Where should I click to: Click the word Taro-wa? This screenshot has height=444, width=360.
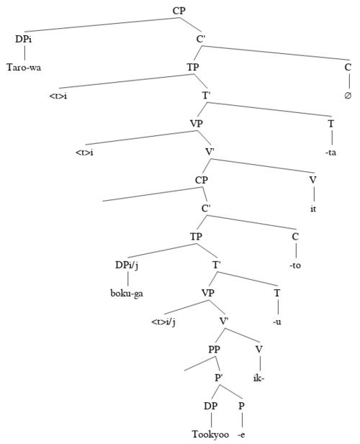tap(24, 68)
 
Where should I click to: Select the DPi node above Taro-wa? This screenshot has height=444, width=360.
tap(24, 39)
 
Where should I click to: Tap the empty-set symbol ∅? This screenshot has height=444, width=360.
tap(348, 96)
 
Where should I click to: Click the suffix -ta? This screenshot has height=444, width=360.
tap(330, 153)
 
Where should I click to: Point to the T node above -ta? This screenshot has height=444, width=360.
tap(330, 124)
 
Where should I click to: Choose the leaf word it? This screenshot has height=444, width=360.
tap(313, 209)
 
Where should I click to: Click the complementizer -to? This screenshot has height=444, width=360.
tap(295, 266)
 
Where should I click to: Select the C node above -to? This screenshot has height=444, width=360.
tap(295, 237)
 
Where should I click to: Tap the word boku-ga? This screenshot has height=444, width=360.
tap(127, 294)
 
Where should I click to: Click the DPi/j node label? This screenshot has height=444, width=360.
tap(127, 266)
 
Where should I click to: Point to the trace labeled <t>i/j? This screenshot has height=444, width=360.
tap(163, 322)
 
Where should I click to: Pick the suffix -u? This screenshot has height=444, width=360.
tap(276, 322)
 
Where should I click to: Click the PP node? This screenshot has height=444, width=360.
tap(214, 350)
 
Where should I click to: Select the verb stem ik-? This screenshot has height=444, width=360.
tap(259, 378)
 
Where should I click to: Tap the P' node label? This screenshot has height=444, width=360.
tap(218, 378)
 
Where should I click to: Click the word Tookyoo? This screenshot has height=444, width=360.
tap(210, 434)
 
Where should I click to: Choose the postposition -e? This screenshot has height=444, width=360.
tap(241, 435)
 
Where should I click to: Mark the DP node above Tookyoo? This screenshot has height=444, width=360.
tap(211, 406)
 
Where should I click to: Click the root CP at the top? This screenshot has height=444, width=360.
tap(179, 11)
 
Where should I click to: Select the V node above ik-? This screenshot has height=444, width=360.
tap(259, 350)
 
